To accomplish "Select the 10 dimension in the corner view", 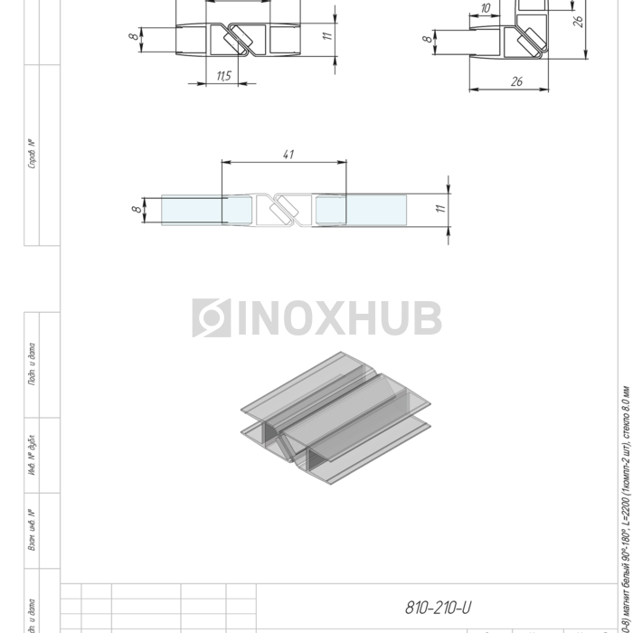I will click(486, 8).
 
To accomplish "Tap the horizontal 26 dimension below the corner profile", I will click(516, 81).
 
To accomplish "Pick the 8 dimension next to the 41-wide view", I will click(137, 210).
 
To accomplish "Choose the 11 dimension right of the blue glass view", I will click(440, 209).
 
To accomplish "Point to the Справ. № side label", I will click(33, 154).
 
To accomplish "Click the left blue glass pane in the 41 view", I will click(194, 210).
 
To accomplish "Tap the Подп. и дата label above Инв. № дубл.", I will click(33, 364).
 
